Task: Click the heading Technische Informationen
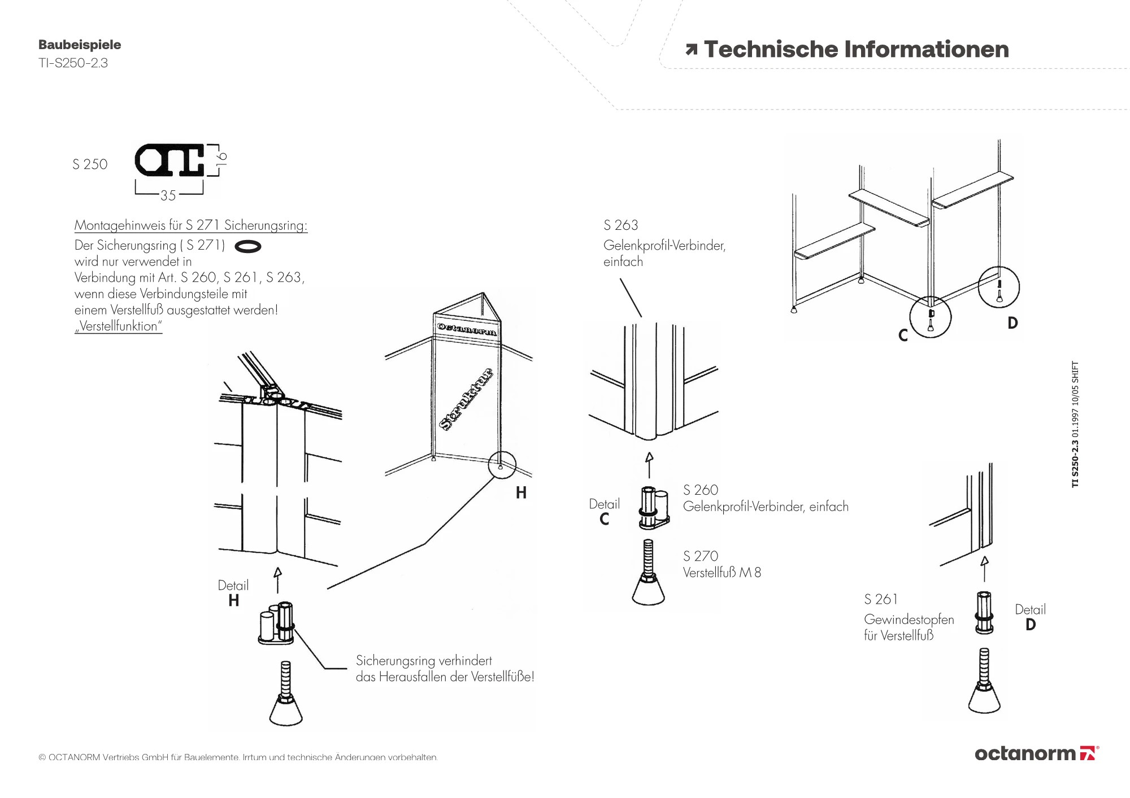pyautogui.click(x=856, y=50)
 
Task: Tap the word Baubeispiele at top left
pyautogui.click(x=80, y=45)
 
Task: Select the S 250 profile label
pyautogui.click(x=90, y=164)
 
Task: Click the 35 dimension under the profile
pyautogui.click(x=168, y=195)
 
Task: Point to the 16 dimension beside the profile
pyautogui.click(x=221, y=158)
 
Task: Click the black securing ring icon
pyautogui.click(x=247, y=246)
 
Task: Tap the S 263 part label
pyautogui.click(x=621, y=225)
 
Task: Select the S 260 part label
pyautogui.click(x=701, y=490)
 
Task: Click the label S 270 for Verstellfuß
pyautogui.click(x=701, y=556)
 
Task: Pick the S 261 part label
pyautogui.click(x=881, y=599)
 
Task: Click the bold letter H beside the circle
pyautogui.click(x=521, y=493)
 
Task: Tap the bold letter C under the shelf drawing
pyautogui.click(x=903, y=336)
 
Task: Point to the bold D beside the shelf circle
pyautogui.click(x=1012, y=323)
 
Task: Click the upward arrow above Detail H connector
pyautogui.click(x=277, y=580)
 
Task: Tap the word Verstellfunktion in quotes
pyautogui.click(x=119, y=326)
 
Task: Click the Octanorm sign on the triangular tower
pyautogui.click(x=467, y=329)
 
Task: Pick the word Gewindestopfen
pyautogui.click(x=909, y=620)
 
